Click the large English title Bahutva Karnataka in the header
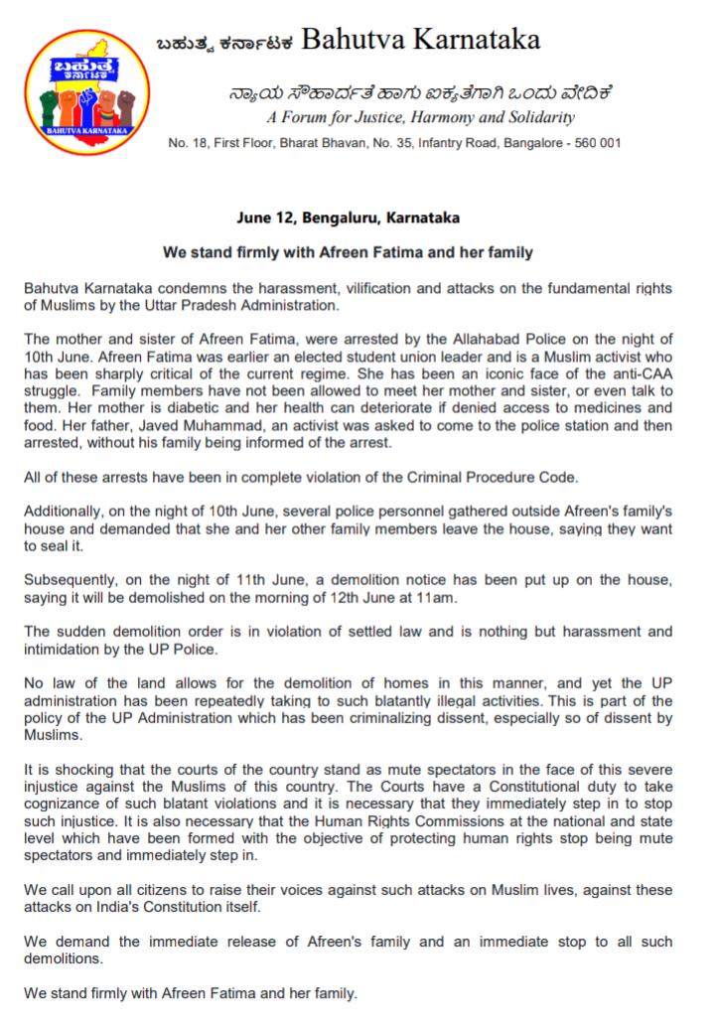pyautogui.click(x=420, y=41)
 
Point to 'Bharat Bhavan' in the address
pyautogui.click(x=299, y=143)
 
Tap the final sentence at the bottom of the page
pyautogui.click(x=191, y=992)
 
